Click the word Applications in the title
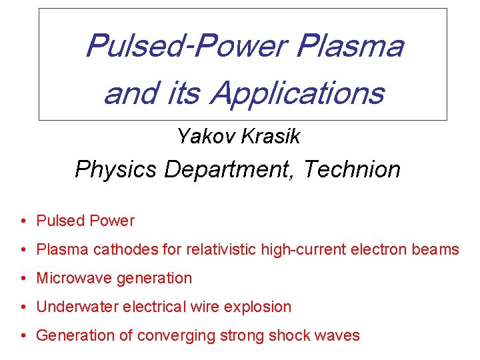297,93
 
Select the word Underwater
75,307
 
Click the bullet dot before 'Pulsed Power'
23,221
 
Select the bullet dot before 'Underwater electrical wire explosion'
23,307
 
